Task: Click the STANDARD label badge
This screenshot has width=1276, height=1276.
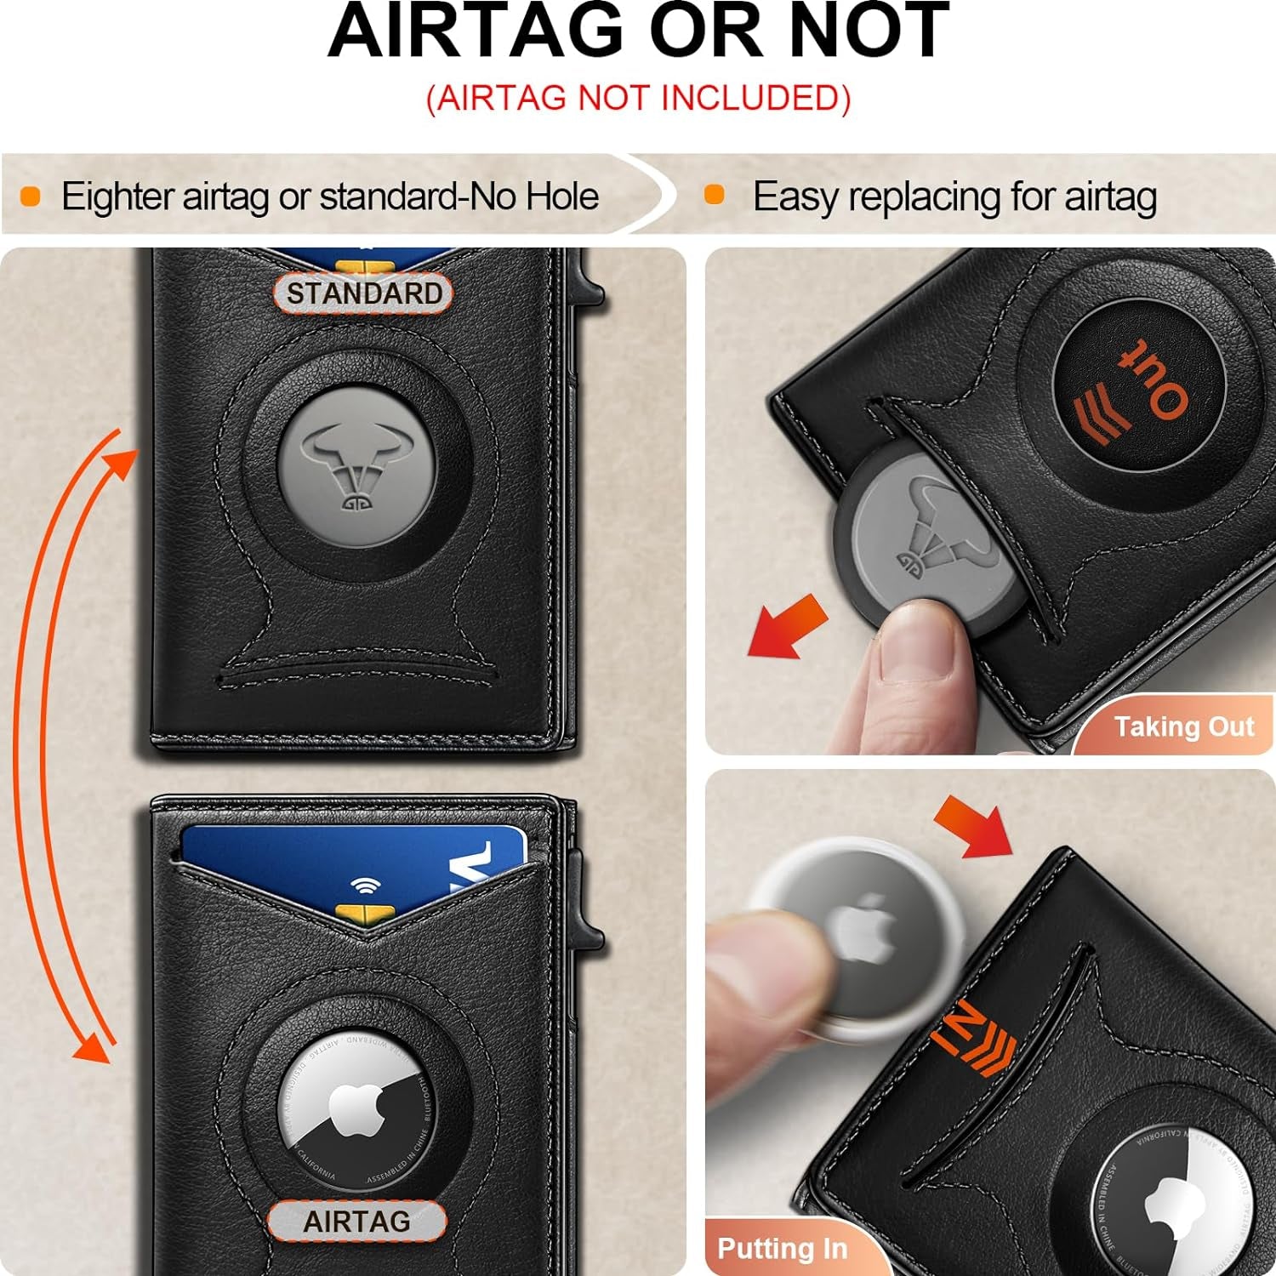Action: point(363,293)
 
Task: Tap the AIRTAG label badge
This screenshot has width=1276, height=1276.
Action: point(356,1222)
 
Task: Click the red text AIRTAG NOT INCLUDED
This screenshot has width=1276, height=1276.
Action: point(638,98)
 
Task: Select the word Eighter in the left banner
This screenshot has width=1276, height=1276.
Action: point(117,197)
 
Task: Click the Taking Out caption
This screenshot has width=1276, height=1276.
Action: point(1183,726)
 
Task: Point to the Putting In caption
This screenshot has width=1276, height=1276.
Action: point(782,1248)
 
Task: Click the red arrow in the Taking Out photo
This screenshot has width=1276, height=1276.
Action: point(786,626)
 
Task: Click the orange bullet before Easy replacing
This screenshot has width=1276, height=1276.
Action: point(715,195)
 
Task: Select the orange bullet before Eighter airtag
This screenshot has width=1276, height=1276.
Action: point(31,197)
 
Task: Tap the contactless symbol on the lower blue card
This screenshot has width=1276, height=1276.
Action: point(365,886)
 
